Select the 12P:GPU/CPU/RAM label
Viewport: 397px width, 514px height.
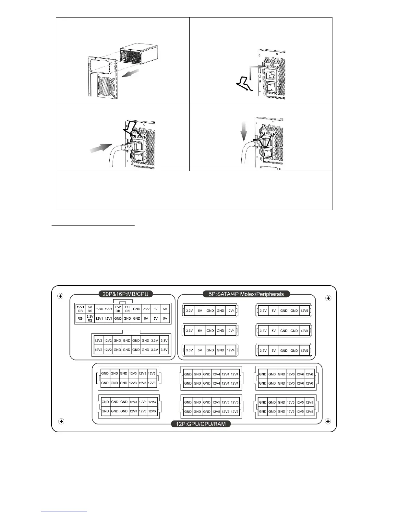tap(201, 424)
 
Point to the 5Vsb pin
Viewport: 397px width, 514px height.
tap(99, 309)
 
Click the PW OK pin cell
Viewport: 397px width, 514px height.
tap(118, 309)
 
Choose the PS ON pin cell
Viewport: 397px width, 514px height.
tap(127, 309)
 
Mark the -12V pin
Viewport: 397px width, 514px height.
tap(146, 309)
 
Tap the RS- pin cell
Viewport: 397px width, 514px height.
tap(80, 318)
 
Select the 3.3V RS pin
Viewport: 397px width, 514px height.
tap(90, 318)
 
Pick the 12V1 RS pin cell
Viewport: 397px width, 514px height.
tap(80, 309)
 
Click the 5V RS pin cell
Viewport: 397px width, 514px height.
tap(90, 309)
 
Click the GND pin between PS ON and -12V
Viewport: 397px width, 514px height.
tap(137, 309)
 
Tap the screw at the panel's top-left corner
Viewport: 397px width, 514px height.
tap(60, 296)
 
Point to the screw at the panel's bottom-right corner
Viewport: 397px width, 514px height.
tap(328, 421)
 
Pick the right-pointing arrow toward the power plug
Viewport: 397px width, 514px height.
tap(101, 149)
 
